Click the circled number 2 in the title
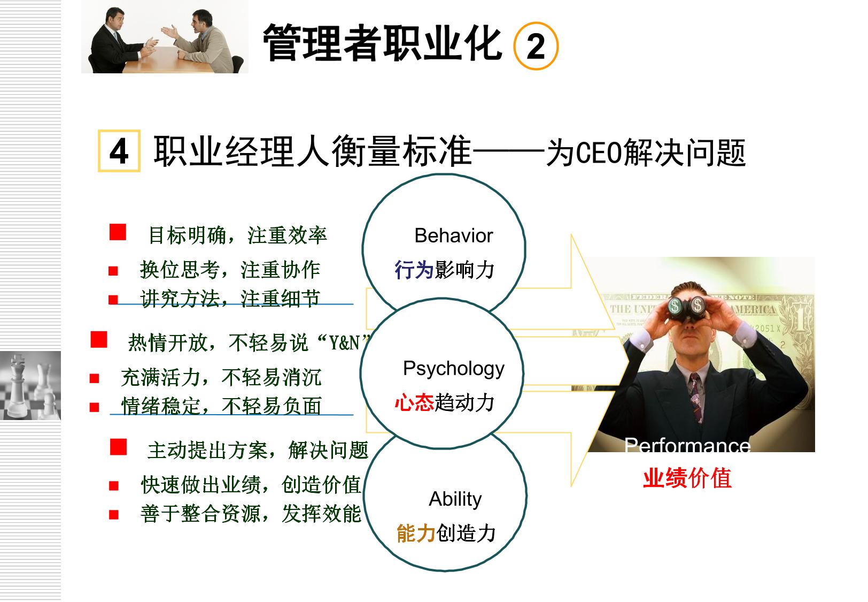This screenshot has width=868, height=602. click(536, 46)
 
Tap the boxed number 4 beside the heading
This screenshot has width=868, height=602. click(119, 151)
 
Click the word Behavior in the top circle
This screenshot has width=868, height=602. click(454, 235)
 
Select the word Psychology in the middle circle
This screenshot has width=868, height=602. click(454, 369)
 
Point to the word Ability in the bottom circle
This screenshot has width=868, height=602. click(455, 499)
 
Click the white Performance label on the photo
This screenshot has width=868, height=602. click(687, 446)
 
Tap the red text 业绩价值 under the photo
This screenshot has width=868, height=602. click(687, 478)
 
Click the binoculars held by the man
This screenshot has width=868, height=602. click(687, 308)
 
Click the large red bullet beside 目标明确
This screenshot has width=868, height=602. click(118, 232)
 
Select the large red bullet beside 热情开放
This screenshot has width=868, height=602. click(99, 339)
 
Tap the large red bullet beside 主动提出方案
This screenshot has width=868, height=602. click(118, 447)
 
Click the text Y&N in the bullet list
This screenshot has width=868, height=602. click(344, 343)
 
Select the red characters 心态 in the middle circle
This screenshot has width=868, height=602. click(414, 402)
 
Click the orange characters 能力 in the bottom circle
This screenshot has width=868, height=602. click(416, 533)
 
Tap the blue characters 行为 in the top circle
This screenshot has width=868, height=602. click(414, 270)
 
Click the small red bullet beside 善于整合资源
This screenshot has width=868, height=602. click(114, 515)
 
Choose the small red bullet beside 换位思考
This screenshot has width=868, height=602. click(113, 271)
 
